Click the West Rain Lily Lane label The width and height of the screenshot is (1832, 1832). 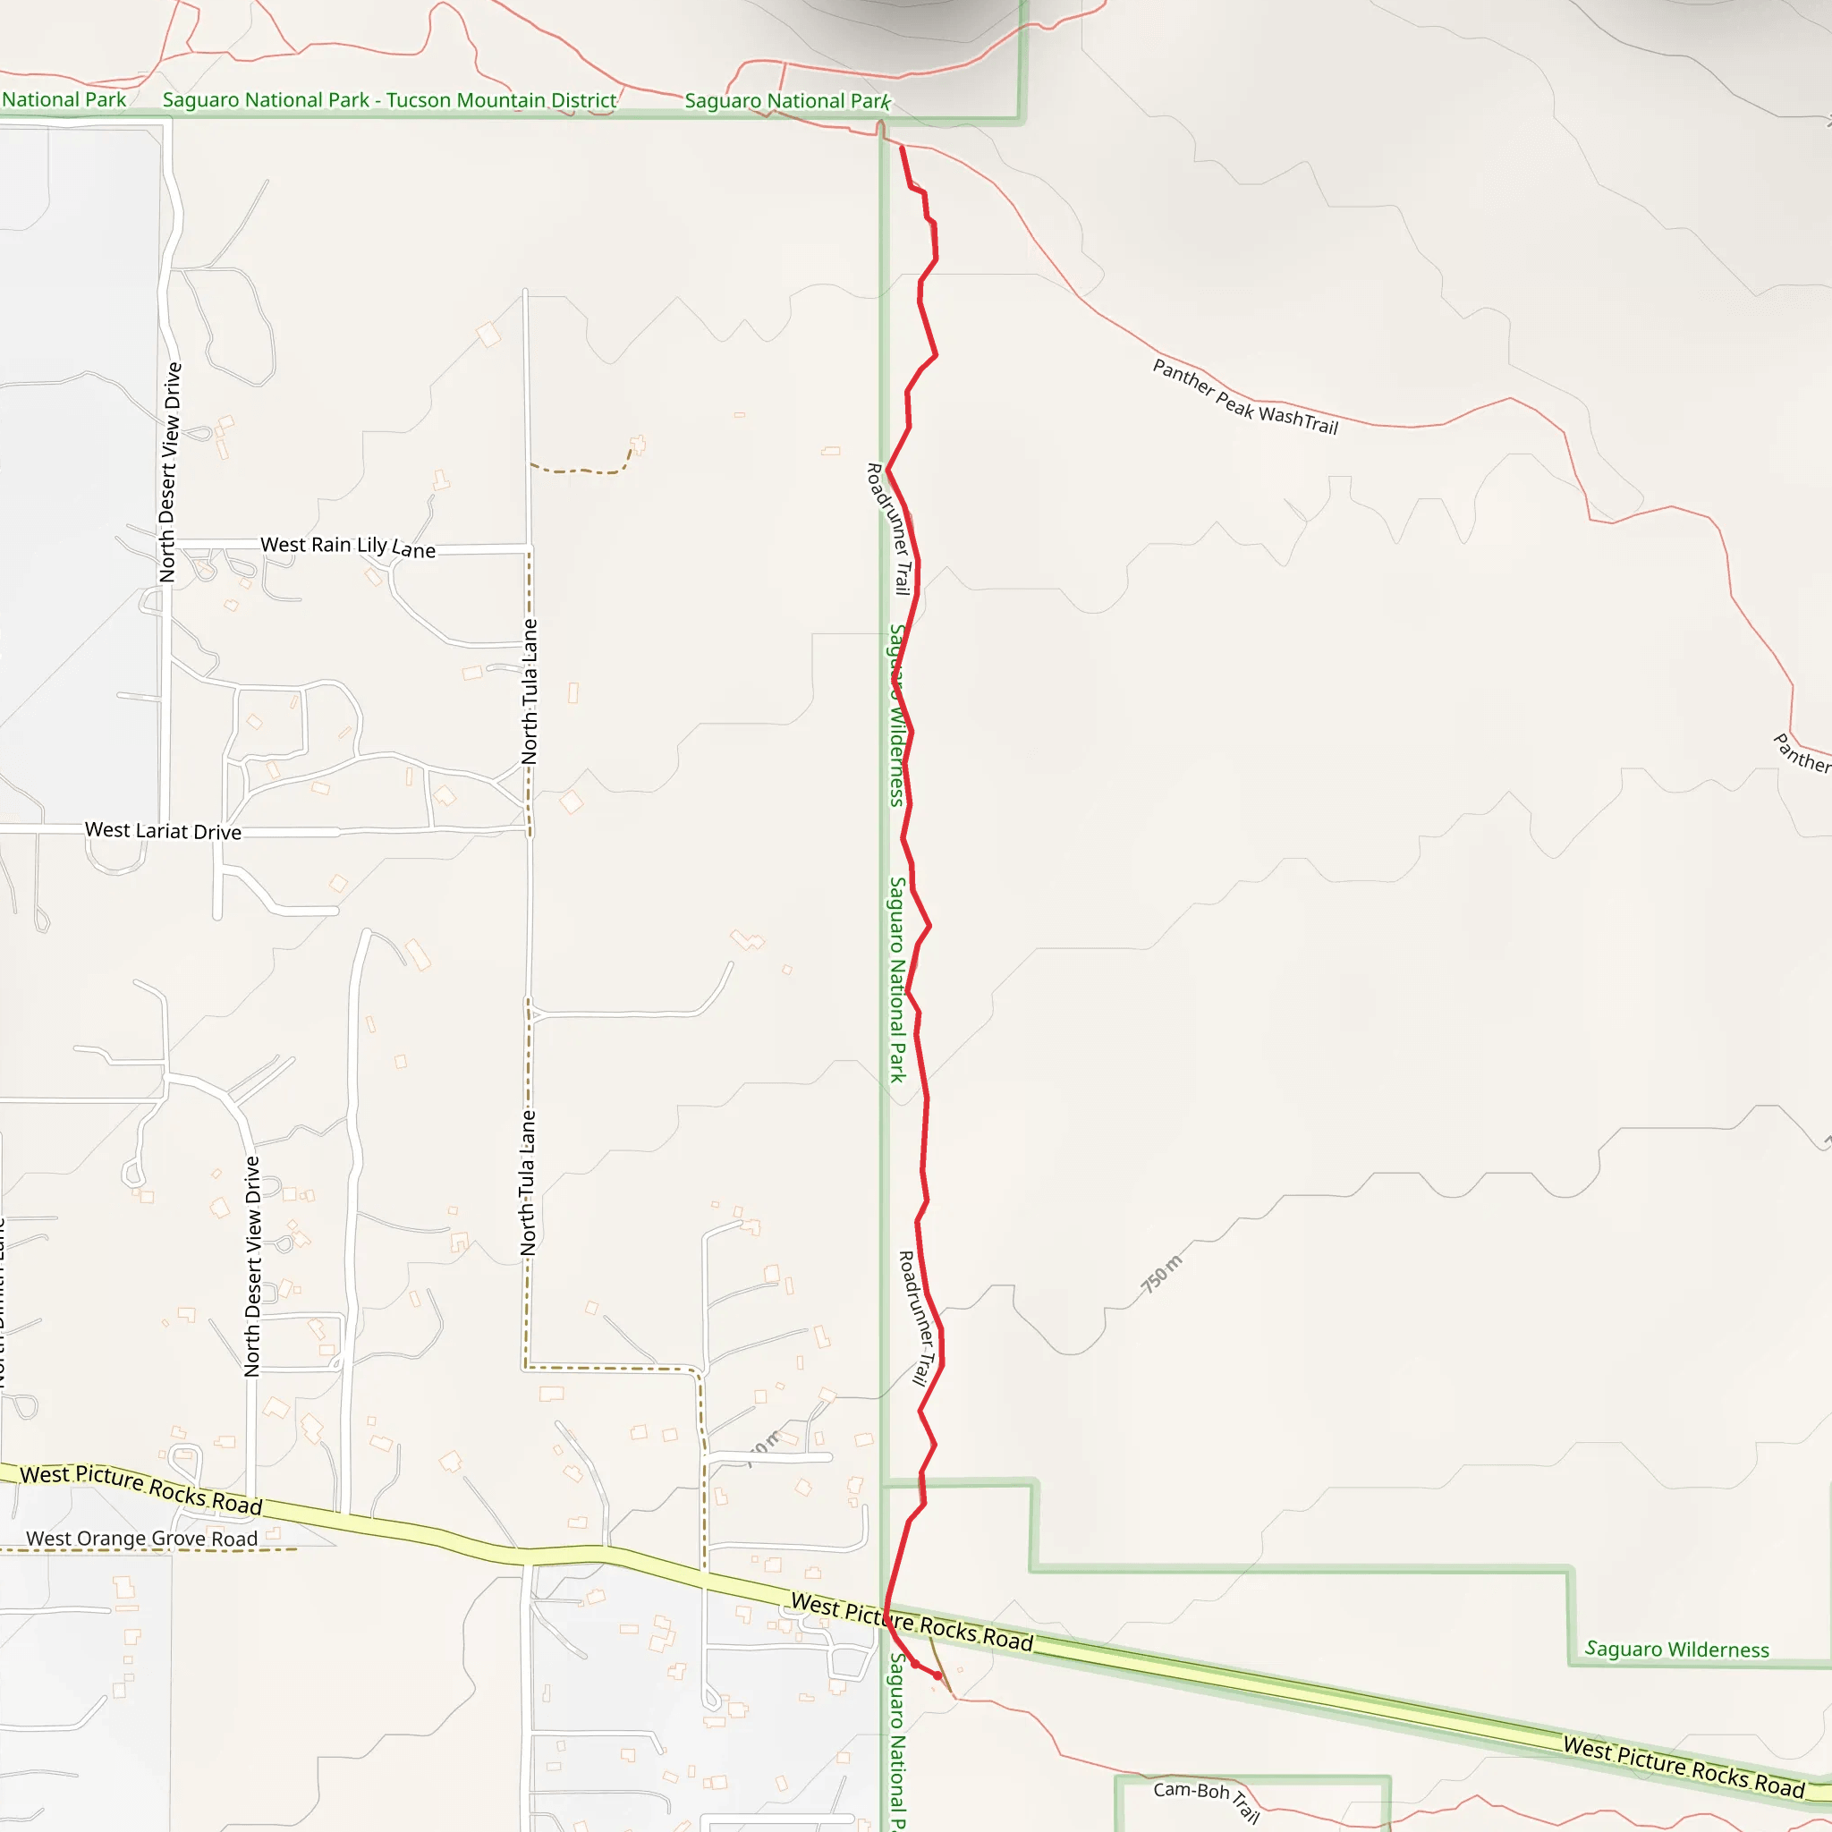point(348,547)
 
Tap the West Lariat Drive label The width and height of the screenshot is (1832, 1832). point(163,831)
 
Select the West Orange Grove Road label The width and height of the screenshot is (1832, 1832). point(141,1539)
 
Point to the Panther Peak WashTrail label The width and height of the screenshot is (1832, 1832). point(1245,397)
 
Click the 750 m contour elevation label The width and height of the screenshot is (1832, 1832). point(1162,1274)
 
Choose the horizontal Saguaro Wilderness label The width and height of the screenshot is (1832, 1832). point(1676,1650)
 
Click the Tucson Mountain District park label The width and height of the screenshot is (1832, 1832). point(389,99)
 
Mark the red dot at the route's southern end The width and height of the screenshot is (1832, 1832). point(937,1675)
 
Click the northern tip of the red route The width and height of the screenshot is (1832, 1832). point(901,148)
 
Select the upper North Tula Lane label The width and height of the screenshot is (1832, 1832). point(530,691)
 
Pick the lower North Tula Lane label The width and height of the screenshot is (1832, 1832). point(528,1183)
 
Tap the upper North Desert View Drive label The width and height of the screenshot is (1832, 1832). point(170,471)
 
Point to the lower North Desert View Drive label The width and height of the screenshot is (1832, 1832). point(252,1266)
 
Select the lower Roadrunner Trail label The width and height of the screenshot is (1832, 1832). point(917,1318)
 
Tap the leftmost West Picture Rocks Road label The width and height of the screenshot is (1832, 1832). point(141,1488)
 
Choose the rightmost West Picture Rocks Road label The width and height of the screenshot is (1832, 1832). point(1684,1767)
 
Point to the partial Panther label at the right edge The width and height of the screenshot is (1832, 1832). point(1802,754)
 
